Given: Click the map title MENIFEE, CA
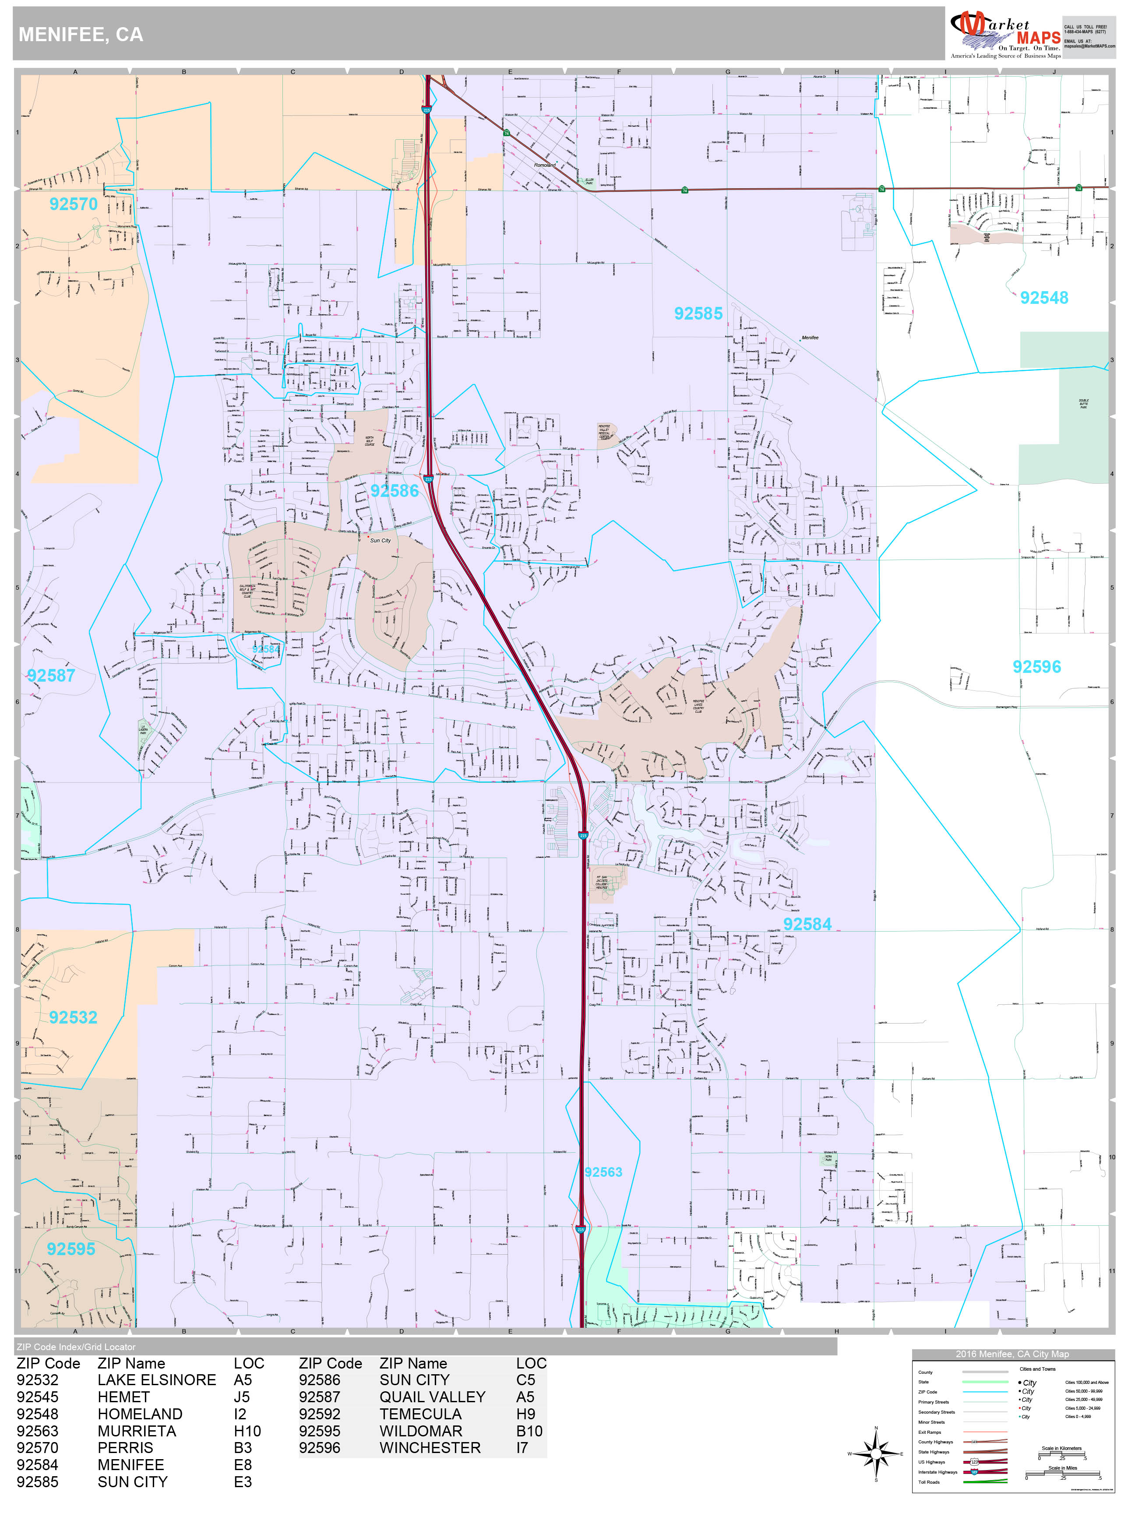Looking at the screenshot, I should (81, 35).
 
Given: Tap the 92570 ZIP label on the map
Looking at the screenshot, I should (73, 204).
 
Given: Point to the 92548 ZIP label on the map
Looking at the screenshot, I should (1043, 298).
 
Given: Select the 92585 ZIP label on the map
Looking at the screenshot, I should (698, 313).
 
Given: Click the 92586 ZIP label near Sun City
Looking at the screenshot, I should (394, 490).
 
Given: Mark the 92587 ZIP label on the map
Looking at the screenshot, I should (51, 675).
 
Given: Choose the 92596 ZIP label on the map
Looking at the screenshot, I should (1036, 666).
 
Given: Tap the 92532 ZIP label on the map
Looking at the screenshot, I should (73, 1017).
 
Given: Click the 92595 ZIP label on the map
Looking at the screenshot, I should (70, 1249).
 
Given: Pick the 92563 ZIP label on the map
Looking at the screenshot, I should (603, 1172).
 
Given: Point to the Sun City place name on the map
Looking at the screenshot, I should (381, 540).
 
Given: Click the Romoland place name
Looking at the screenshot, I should (545, 165).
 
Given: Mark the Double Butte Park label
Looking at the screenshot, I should (1084, 404).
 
